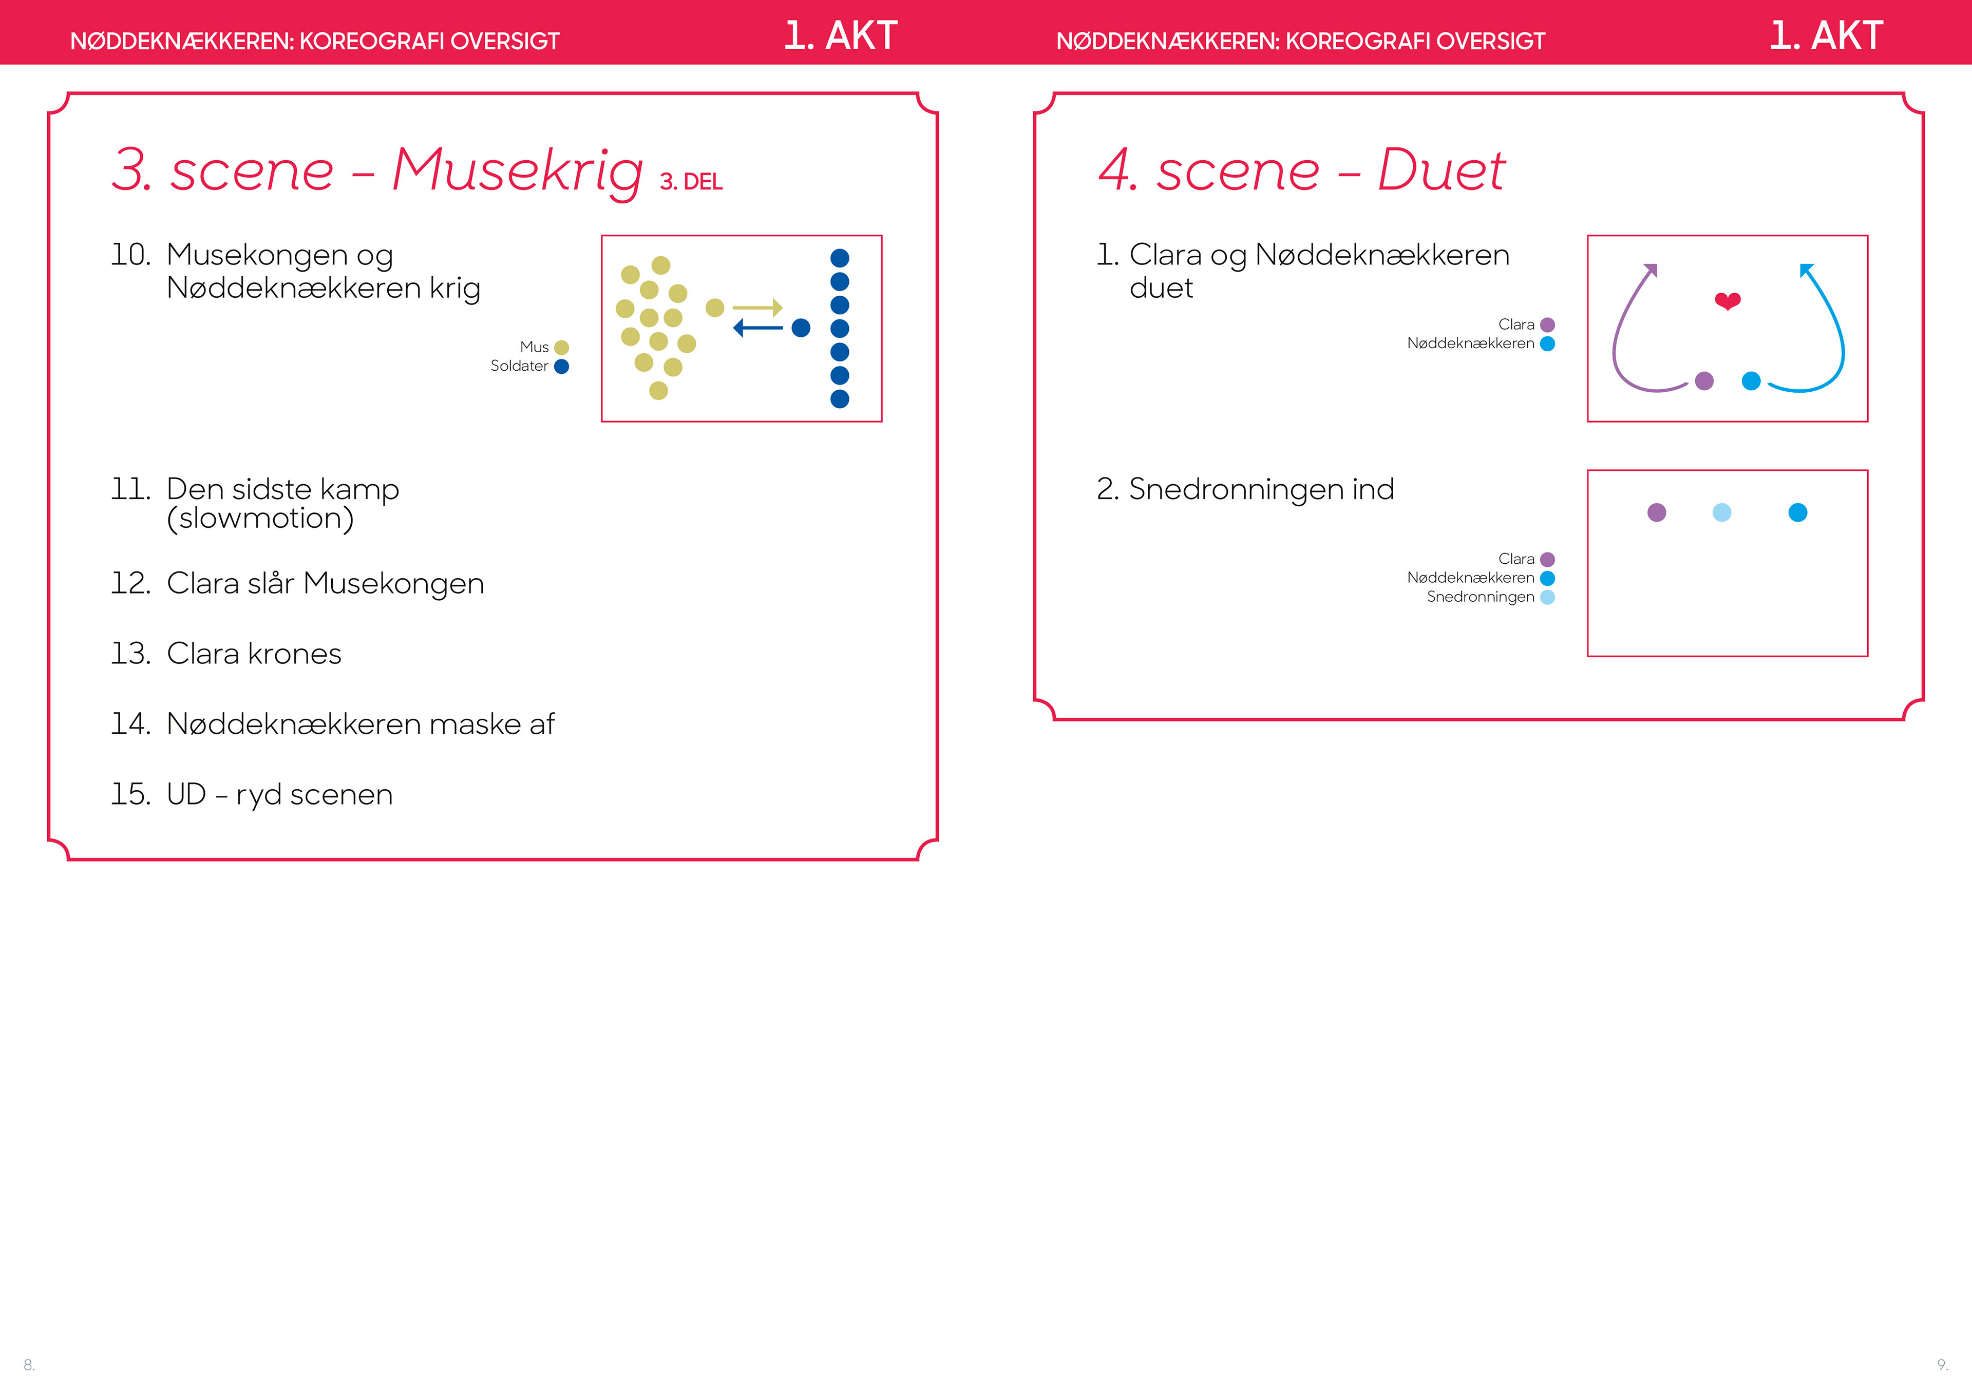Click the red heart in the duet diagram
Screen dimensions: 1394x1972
click(x=1727, y=300)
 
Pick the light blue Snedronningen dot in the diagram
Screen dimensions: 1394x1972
click(x=1722, y=513)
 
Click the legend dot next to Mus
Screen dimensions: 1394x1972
click(x=562, y=348)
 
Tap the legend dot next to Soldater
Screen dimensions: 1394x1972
click(x=562, y=367)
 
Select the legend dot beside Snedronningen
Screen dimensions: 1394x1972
click(x=1548, y=598)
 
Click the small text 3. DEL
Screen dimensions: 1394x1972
click(x=691, y=182)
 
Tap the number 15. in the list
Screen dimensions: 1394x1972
click(x=130, y=794)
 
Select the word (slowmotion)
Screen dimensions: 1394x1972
click(x=260, y=519)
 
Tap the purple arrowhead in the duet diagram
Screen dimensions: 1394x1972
click(x=1650, y=271)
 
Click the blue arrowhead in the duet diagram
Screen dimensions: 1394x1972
click(x=1806, y=271)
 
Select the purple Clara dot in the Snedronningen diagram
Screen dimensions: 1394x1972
click(x=1657, y=513)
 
